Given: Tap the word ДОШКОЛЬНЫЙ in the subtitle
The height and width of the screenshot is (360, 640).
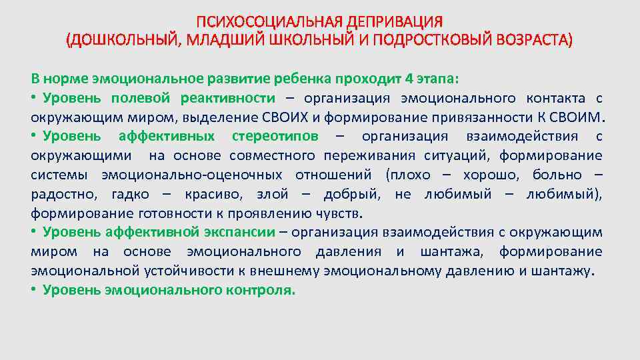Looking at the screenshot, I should [124, 39].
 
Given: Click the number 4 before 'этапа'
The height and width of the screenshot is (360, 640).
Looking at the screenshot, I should [409, 77].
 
